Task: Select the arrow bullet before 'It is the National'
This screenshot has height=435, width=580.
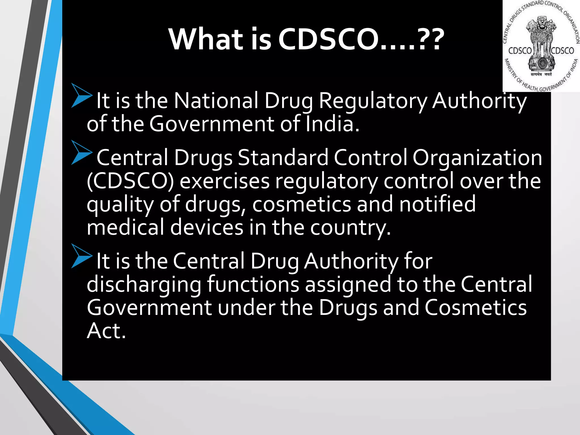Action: tap(81, 95)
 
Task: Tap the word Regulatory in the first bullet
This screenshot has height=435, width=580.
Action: tap(373, 101)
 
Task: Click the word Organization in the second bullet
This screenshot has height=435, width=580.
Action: tap(477, 158)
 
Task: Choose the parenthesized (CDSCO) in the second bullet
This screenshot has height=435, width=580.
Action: tap(130, 181)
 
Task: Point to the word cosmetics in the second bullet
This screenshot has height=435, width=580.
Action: tap(301, 204)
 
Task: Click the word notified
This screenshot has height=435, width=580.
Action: tap(437, 204)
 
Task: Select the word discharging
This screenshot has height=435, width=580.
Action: tap(144, 285)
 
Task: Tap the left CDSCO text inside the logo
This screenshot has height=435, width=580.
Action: tap(520, 51)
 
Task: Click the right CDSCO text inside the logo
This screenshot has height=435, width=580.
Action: tap(562, 51)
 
